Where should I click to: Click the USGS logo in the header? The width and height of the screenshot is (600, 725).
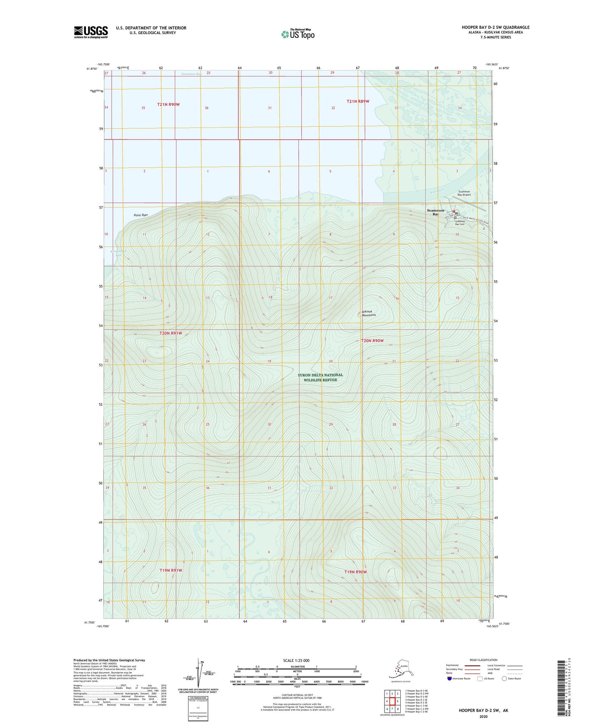point(91,32)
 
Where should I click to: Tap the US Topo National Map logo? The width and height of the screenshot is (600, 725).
point(298,34)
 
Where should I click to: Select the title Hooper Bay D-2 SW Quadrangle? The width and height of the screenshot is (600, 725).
point(495,27)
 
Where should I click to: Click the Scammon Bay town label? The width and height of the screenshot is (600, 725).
point(436,212)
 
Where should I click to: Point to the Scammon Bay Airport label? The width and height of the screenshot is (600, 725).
point(464,193)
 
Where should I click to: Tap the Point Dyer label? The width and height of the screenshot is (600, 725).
point(141,215)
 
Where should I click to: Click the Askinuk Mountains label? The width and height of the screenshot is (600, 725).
point(368,313)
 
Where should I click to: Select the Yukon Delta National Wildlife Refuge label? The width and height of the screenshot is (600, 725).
point(320,377)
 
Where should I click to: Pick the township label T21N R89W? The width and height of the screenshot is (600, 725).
point(358,101)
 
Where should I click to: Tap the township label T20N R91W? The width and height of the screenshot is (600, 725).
point(171,333)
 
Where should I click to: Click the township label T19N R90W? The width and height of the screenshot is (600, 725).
point(356,572)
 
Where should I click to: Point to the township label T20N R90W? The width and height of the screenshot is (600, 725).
point(372,340)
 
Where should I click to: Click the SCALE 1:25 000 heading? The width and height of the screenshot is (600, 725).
point(296,661)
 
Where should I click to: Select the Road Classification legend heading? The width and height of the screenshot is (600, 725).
point(483,660)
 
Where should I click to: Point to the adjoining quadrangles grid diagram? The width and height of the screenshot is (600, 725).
point(392,701)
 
